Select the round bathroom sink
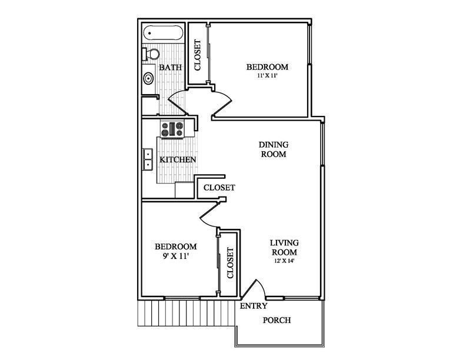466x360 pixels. pos(149,77)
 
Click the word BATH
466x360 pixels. pos(171,68)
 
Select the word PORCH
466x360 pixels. pos(276,321)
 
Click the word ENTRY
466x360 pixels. pos(254,306)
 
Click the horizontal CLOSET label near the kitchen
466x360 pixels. pos(219,188)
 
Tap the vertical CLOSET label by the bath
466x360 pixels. pos(198,55)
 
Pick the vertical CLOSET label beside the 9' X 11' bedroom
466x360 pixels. pos(230,263)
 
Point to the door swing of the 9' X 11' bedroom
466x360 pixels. pos(209,216)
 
